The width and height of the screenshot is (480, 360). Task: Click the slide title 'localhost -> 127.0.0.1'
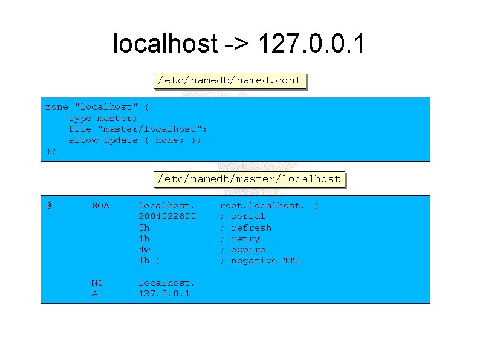(239, 44)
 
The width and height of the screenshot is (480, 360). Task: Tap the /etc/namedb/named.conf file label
(229, 80)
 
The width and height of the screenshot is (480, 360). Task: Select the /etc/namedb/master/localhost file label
(249, 179)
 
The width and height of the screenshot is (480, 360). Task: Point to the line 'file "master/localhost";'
(138, 129)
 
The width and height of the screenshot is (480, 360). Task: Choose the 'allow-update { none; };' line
(135, 140)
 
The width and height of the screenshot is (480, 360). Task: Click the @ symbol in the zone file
(49, 205)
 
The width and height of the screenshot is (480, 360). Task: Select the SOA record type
(100, 205)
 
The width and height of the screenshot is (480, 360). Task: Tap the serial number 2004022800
(167, 216)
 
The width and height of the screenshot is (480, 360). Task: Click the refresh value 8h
(144, 227)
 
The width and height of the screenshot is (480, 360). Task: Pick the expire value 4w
(144, 249)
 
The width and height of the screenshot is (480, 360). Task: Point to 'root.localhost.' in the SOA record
(262, 205)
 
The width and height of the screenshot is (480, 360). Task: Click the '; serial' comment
(242, 216)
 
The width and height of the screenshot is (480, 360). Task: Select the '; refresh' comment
(245, 227)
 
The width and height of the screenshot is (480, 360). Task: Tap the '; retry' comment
(239, 238)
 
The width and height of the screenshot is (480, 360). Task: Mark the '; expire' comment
(242, 249)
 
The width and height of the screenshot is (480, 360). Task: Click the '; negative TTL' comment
(260, 260)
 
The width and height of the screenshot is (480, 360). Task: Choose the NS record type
(97, 283)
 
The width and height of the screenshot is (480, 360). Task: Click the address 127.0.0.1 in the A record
(164, 293)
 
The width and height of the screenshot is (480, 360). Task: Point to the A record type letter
(95, 293)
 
